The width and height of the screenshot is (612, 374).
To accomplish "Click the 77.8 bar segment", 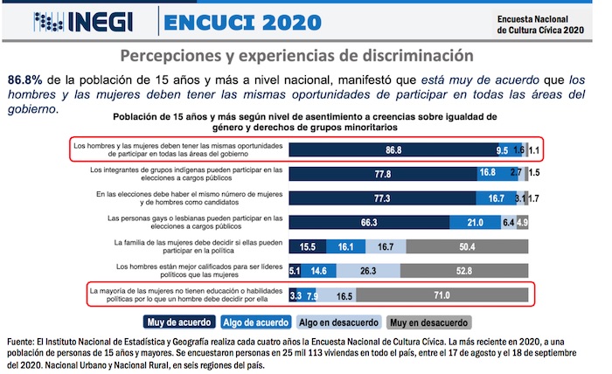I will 382,174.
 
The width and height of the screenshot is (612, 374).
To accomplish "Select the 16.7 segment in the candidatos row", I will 496,198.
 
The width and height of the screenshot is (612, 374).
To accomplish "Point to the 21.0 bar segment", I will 476,223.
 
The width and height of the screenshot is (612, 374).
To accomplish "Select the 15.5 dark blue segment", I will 307,247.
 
